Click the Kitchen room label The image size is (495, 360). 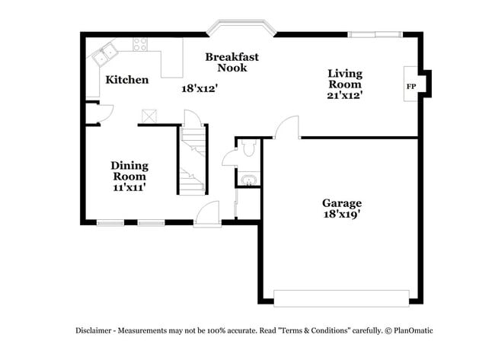[x=126, y=80]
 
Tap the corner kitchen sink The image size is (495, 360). [x=104, y=54]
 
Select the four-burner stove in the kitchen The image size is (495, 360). [x=141, y=45]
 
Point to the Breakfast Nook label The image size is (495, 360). [x=232, y=62]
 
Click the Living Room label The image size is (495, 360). [x=344, y=79]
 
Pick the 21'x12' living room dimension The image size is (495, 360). [x=344, y=96]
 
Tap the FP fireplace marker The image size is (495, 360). [x=410, y=86]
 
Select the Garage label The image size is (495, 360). [x=341, y=203]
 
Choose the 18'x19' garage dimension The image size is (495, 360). [x=341, y=215]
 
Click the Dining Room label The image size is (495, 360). [x=129, y=170]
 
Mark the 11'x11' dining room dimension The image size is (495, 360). [x=129, y=186]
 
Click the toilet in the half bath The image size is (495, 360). [x=248, y=148]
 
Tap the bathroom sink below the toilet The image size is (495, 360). [x=248, y=180]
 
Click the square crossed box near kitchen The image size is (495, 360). [x=148, y=116]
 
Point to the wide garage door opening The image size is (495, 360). [x=340, y=298]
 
